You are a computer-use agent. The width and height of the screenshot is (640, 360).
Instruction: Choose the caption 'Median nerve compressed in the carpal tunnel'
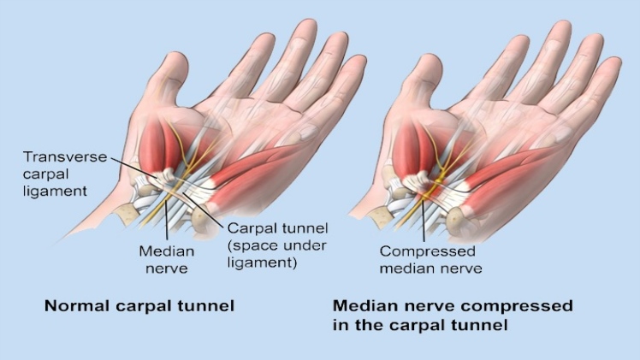(452, 316)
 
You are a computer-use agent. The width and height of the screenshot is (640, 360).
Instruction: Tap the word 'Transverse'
(61, 157)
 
